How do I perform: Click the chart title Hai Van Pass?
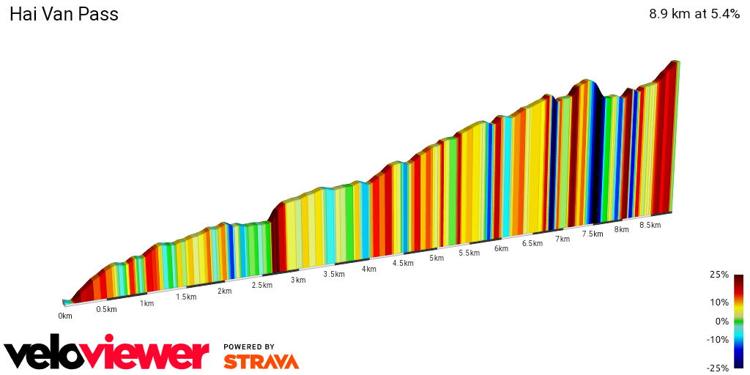[x=64, y=15]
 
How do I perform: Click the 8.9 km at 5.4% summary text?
[x=694, y=14]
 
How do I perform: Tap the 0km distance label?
[x=65, y=316]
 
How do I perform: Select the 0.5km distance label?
[x=106, y=309]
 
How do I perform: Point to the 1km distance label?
[x=146, y=303]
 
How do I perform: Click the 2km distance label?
[x=224, y=291]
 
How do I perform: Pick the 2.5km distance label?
[x=261, y=285]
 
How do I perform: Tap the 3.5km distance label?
[x=334, y=274]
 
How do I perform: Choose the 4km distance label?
[x=368, y=269]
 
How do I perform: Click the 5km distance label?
[x=437, y=258]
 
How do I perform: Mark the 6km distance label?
[x=501, y=248]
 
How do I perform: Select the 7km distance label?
[x=562, y=239]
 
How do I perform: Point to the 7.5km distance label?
[x=593, y=234]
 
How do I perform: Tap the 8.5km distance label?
[x=650, y=225]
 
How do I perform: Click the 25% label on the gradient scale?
[x=719, y=275]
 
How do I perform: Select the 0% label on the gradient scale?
[x=721, y=321]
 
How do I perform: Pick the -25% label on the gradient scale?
[x=717, y=368]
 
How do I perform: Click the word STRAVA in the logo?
[x=261, y=361]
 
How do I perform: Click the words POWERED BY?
[x=249, y=346]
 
